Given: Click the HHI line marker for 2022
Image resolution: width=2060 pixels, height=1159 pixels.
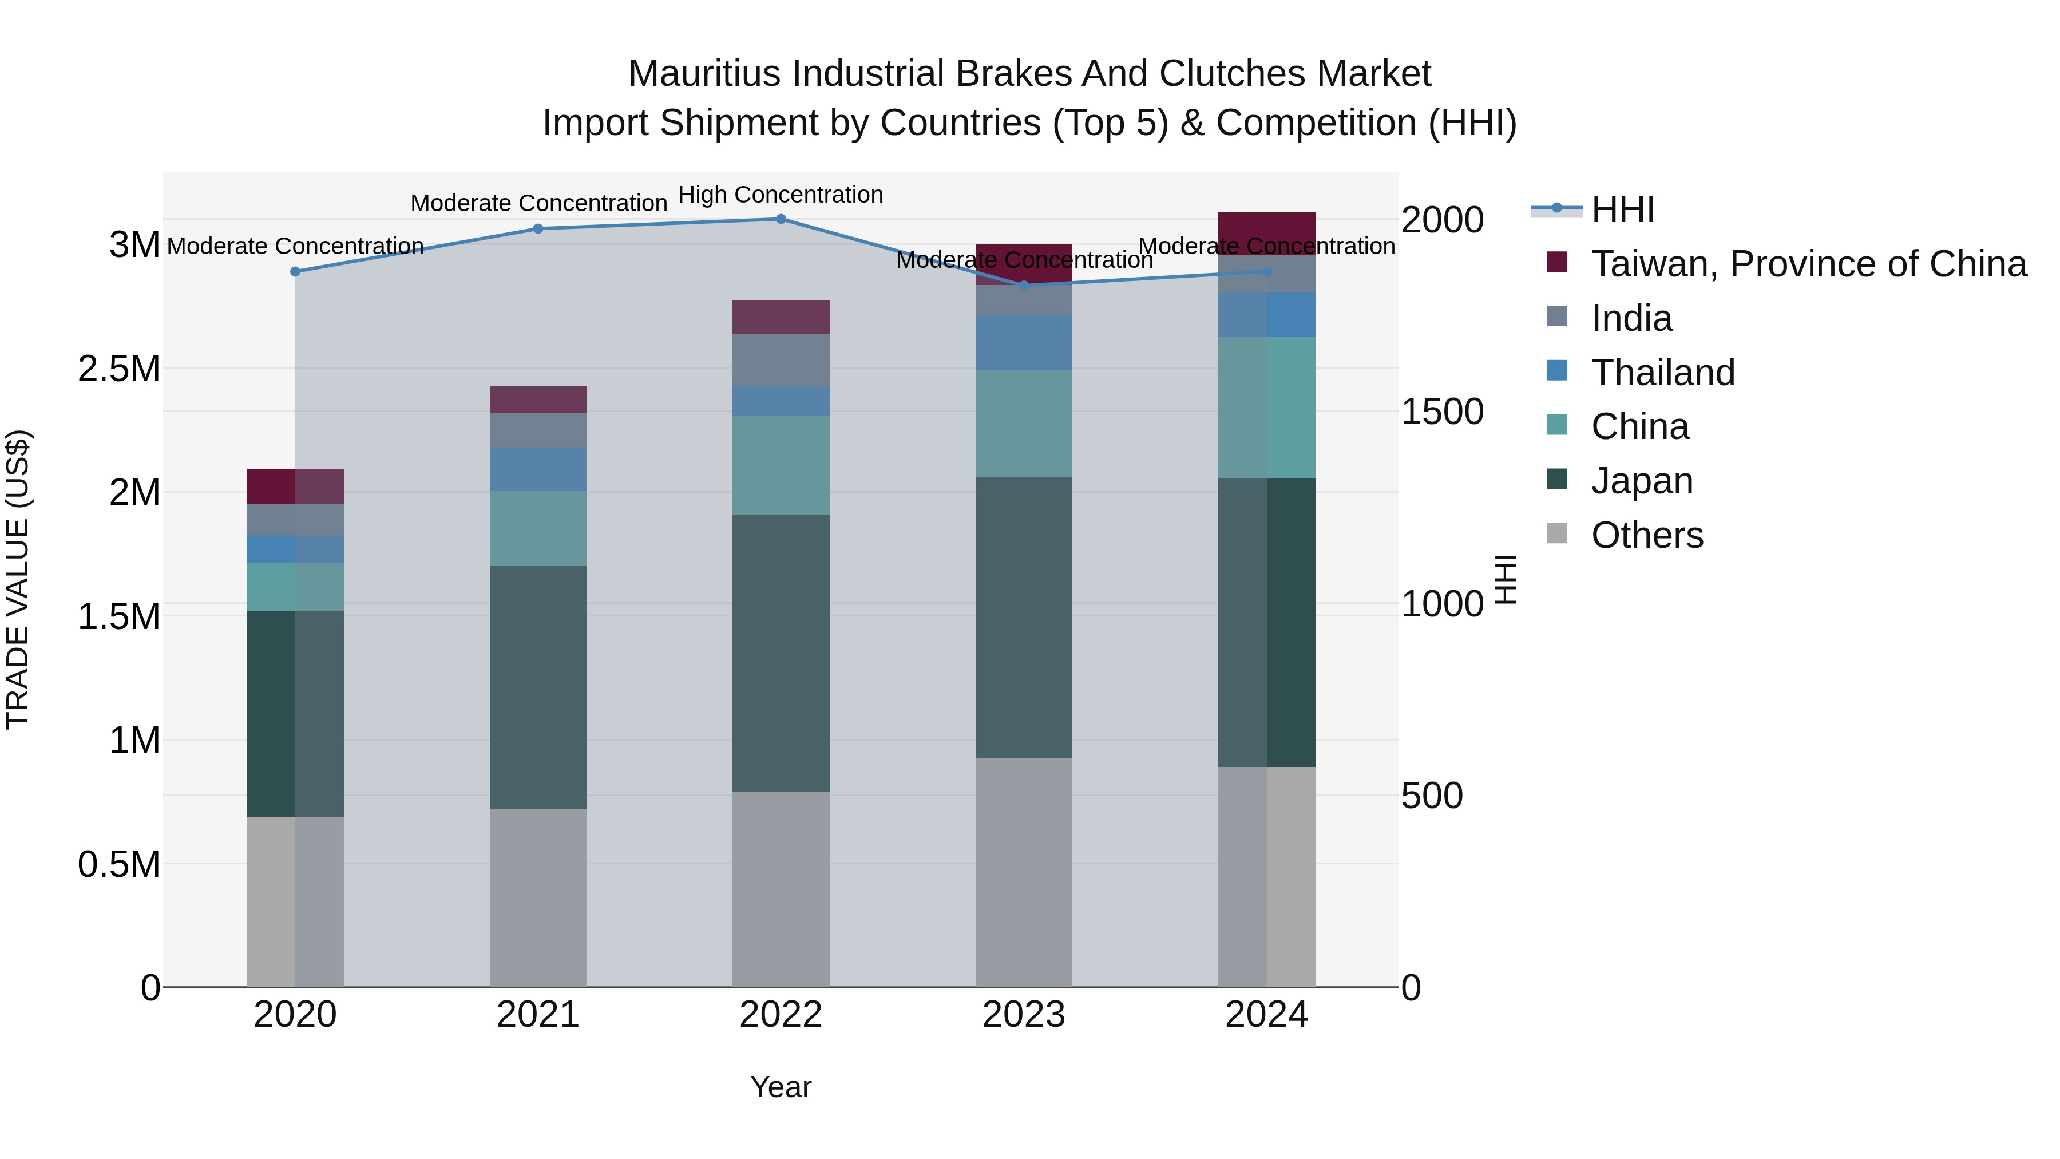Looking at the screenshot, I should (781, 219).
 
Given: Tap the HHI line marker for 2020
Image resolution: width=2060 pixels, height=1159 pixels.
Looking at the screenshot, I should (295, 272).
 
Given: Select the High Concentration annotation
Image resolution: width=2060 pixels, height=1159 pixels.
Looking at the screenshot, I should (781, 195).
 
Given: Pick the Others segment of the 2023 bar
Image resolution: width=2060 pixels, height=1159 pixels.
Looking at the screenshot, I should (1024, 872).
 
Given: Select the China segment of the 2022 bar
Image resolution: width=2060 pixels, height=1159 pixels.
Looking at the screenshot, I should (781, 465).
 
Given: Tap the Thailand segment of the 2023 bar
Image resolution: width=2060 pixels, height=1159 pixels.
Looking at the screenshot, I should (1024, 342).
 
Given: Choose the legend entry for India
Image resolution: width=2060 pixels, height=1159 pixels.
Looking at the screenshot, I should (1631, 318).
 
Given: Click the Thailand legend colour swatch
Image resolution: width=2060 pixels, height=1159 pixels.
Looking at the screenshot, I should (1557, 371).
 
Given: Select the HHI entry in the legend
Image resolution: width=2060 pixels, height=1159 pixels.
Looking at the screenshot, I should (1622, 209).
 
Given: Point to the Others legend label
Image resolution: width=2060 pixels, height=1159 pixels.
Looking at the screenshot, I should (1647, 535).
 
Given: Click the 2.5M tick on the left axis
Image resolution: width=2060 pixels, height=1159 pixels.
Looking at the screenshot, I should (119, 369).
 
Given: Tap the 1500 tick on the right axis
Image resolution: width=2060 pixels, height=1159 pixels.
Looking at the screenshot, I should (1443, 412).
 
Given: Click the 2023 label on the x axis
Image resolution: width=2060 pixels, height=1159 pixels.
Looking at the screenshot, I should (1024, 1015).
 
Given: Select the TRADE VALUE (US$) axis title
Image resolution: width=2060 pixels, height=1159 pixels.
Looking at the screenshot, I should (18, 579).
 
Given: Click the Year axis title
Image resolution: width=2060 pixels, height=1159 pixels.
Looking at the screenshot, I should (781, 1087).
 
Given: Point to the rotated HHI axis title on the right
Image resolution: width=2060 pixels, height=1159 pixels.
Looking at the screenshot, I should (1505, 579).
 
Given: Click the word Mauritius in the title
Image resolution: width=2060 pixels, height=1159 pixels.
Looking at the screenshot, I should (704, 74).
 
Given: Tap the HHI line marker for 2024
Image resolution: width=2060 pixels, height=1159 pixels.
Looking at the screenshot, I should (1267, 272).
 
